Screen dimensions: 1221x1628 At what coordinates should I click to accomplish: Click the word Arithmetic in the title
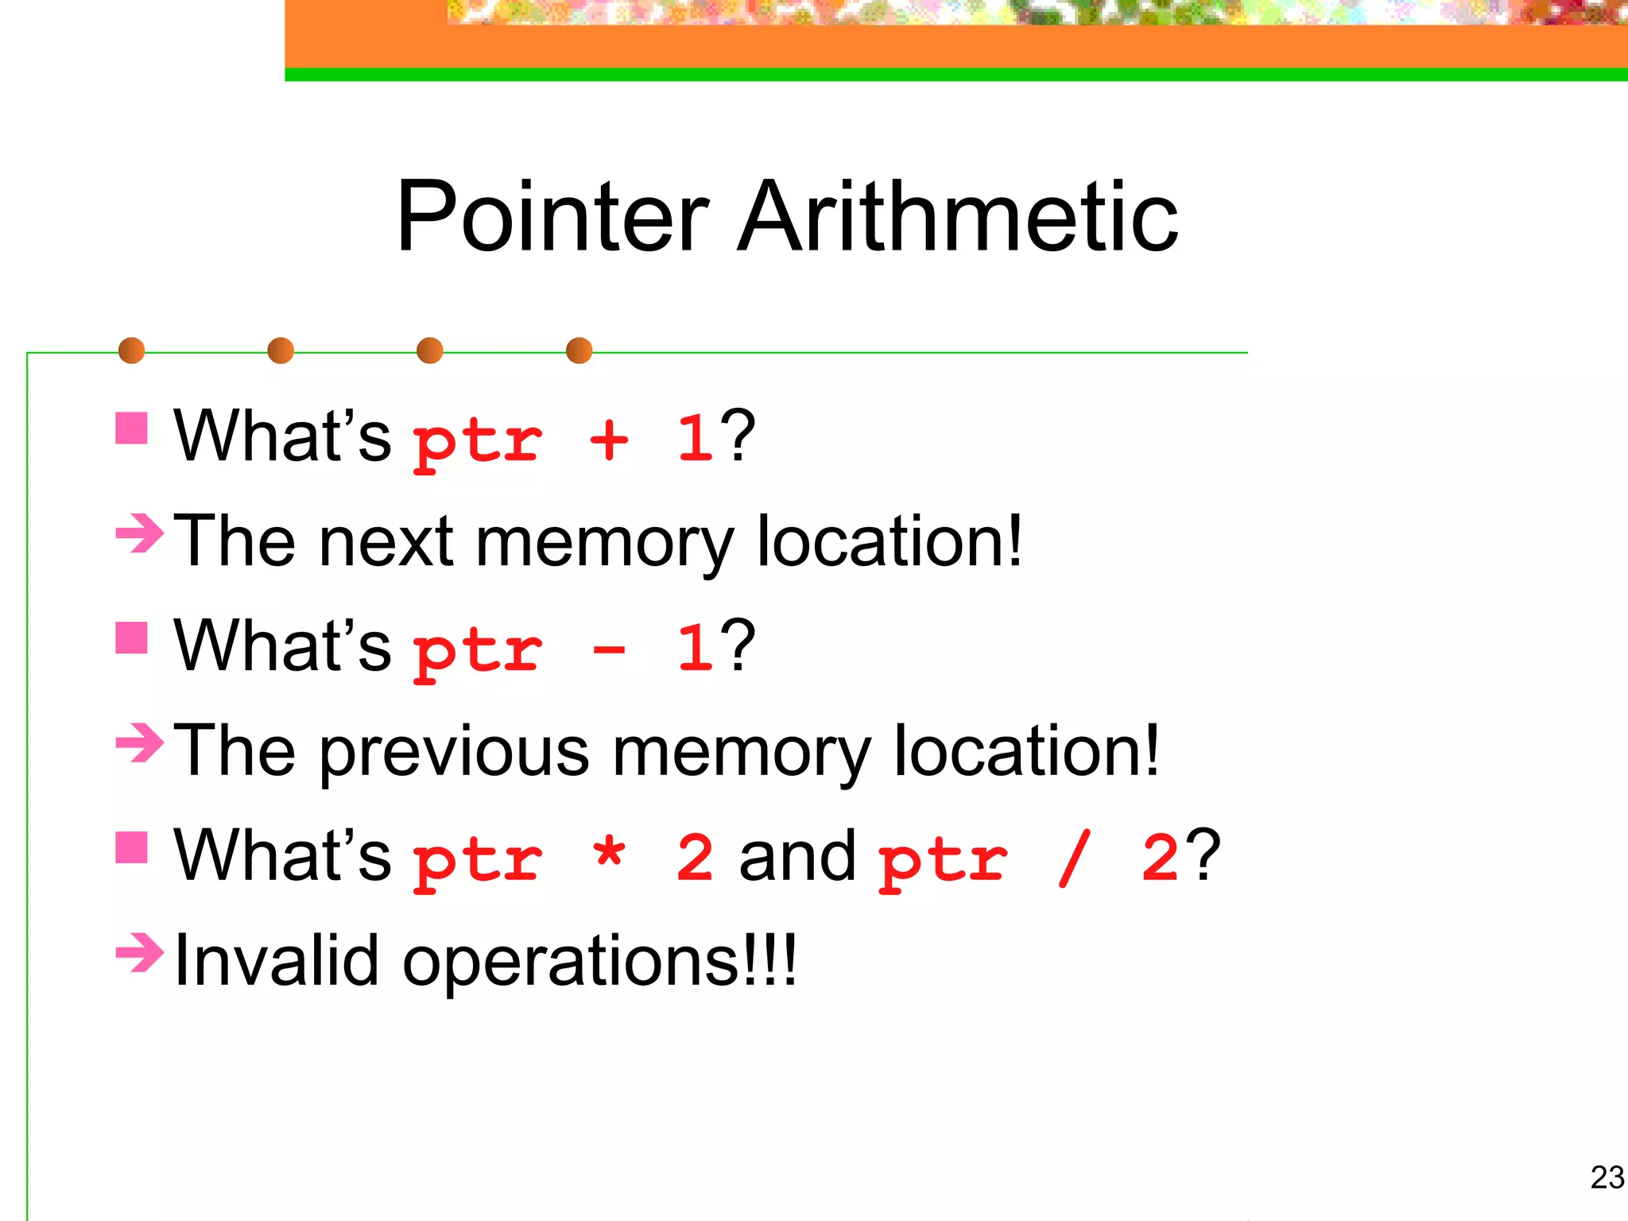957,216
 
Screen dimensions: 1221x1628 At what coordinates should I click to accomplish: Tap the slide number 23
1607,1177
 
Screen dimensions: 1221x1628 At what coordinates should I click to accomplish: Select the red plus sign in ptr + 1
609,440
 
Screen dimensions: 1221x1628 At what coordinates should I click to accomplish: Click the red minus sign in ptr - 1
609,650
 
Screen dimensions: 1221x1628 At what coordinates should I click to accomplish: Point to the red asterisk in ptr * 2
609,854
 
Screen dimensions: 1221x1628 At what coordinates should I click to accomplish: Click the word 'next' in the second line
386,542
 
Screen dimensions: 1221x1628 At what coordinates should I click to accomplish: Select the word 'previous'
455,752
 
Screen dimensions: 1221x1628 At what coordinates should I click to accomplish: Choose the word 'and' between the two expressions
797,857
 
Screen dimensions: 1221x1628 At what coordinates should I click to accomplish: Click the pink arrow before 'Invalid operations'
139,952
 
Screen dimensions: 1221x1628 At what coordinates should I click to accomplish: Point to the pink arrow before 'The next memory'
139,533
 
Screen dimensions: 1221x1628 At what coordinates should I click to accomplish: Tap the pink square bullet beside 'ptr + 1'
131,428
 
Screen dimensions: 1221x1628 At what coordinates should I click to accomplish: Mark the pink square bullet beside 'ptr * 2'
131,847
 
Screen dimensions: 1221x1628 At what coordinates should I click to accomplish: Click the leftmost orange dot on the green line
131,351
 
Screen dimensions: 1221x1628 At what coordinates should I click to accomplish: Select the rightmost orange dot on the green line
579,351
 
